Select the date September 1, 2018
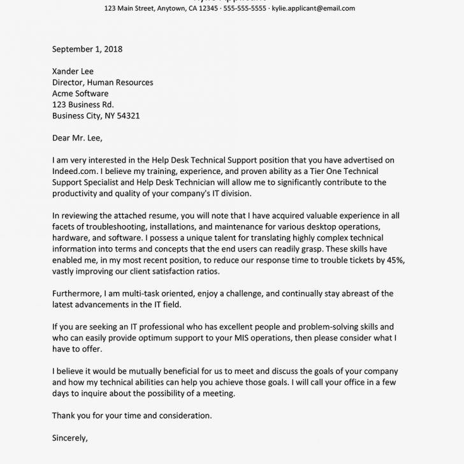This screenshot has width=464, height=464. point(87,48)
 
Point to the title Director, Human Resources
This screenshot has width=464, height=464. point(102,82)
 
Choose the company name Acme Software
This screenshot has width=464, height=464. point(80,94)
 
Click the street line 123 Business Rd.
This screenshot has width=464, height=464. point(83,105)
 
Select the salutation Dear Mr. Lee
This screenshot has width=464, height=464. point(76,138)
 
